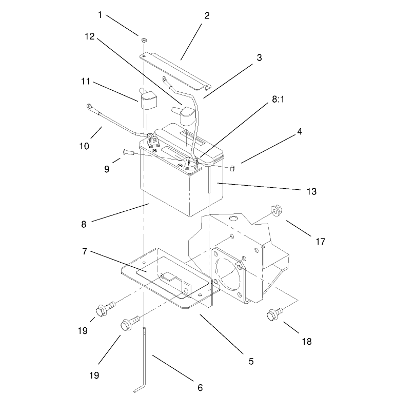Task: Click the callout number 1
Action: click(100, 15)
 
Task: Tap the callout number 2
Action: click(207, 16)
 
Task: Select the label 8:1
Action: click(278, 100)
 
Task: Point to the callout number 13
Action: click(311, 191)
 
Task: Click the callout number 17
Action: click(321, 242)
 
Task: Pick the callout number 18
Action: click(307, 342)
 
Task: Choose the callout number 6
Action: click(200, 387)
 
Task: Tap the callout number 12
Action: click(89, 36)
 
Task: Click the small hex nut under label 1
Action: click(144, 40)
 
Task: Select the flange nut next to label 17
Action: click(276, 211)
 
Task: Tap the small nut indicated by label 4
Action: click(232, 168)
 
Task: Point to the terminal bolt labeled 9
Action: click(128, 152)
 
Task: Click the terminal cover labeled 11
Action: click(146, 98)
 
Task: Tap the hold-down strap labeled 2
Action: click(175, 71)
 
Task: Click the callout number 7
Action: click(85, 251)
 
